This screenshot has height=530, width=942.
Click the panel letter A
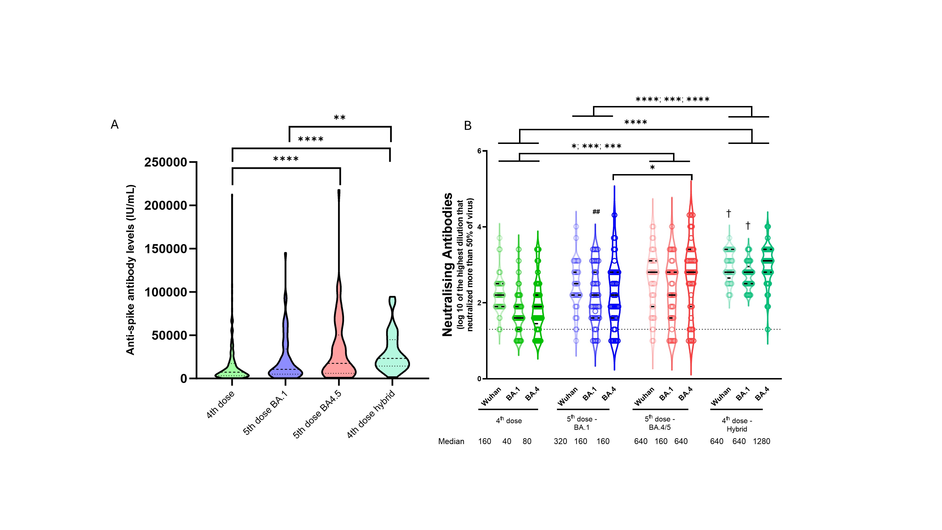(114, 125)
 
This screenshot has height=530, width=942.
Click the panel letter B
(468, 126)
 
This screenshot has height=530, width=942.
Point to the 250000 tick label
(165, 162)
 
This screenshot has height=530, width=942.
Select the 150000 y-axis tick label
(165, 249)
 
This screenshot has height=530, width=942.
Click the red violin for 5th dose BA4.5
(339, 359)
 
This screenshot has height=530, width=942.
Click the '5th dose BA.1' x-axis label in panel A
(266, 413)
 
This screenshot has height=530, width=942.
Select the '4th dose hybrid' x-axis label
(371, 414)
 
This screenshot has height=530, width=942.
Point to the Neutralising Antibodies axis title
(448, 264)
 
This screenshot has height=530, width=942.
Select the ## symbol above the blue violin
(596, 212)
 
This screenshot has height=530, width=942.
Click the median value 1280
(761, 441)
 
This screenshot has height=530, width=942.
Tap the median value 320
(560, 441)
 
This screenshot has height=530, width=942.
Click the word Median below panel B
(451, 441)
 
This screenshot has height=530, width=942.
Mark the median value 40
(507, 441)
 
